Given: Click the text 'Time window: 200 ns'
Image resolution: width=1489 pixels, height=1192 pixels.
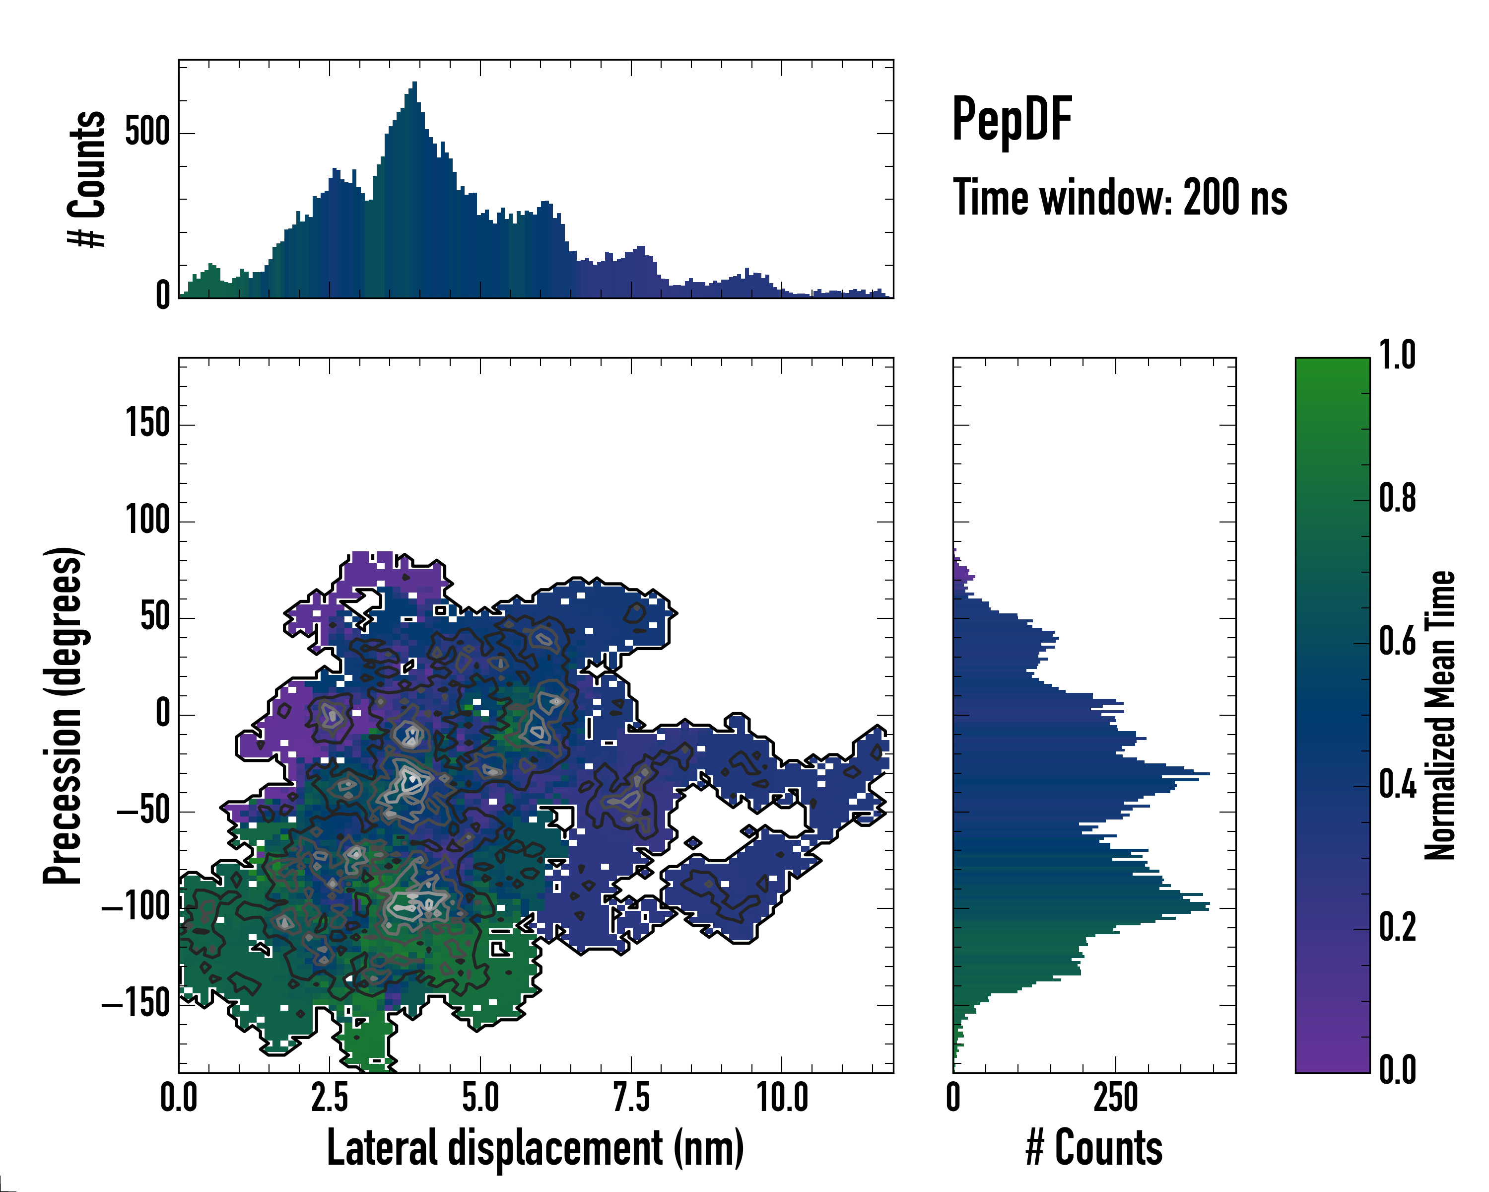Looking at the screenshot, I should [1120, 198].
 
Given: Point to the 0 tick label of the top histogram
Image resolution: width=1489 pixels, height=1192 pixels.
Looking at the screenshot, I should [163, 296].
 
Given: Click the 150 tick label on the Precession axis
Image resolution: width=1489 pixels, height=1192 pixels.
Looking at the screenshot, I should [148, 424].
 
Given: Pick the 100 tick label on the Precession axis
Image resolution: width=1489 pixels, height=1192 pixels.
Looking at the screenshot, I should [148, 521].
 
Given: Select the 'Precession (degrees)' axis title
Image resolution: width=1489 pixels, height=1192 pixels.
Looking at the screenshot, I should [64, 715].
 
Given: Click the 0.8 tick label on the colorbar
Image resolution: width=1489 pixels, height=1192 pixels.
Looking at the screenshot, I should [1397, 499].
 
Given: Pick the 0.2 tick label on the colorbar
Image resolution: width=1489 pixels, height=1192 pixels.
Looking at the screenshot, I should [1397, 928].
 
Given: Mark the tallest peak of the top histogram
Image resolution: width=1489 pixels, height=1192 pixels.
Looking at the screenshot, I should [414, 83].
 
